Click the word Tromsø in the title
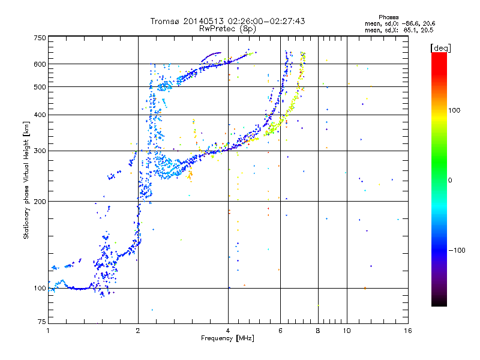tap(165, 21)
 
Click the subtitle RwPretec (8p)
tap(227, 29)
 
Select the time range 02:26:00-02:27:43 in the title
tap(266, 21)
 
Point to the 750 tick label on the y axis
tap(40, 38)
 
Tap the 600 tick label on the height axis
tap(40, 64)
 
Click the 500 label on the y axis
tap(40, 87)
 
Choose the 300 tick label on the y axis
tap(40, 151)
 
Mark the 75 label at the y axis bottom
tap(42, 322)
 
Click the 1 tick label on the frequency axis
tap(48, 331)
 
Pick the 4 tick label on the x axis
tap(228, 331)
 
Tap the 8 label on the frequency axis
tap(318, 331)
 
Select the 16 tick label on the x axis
tap(408, 331)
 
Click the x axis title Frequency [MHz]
tap(227, 338)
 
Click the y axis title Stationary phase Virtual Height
tap(26, 190)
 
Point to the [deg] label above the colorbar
tap(440, 48)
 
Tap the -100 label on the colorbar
tap(457, 250)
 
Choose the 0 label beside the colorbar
tap(450, 181)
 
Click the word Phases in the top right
tap(388, 17)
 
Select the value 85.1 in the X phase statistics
tap(410, 31)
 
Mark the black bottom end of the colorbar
tap(439, 305)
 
